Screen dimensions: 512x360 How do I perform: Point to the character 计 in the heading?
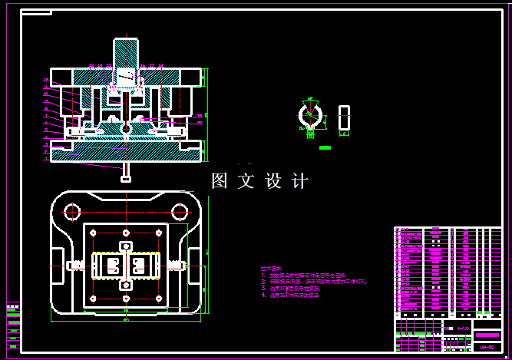click(x=300, y=181)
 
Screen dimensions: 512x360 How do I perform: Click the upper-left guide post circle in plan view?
click(x=72, y=211)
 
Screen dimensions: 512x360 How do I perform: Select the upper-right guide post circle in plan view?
click(x=180, y=211)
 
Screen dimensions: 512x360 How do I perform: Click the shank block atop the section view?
click(x=127, y=54)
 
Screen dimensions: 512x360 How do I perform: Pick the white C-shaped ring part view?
click(x=311, y=117)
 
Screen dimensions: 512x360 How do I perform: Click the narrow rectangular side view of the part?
click(x=344, y=117)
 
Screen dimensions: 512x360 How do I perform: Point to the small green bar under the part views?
click(x=325, y=147)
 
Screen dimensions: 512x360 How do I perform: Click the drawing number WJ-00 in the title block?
click(x=487, y=348)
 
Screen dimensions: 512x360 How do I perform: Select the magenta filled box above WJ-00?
click(x=487, y=335)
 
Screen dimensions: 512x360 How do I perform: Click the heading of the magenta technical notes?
click(x=272, y=269)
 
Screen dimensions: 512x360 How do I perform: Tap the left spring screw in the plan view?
click(x=78, y=266)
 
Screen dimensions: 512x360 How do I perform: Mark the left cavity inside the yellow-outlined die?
click(x=111, y=266)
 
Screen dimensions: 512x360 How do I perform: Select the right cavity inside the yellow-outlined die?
click(x=140, y=266)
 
